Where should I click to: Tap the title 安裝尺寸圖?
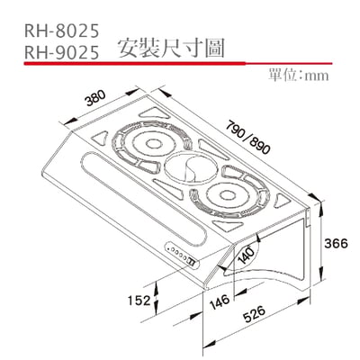(x=168, y=49)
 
